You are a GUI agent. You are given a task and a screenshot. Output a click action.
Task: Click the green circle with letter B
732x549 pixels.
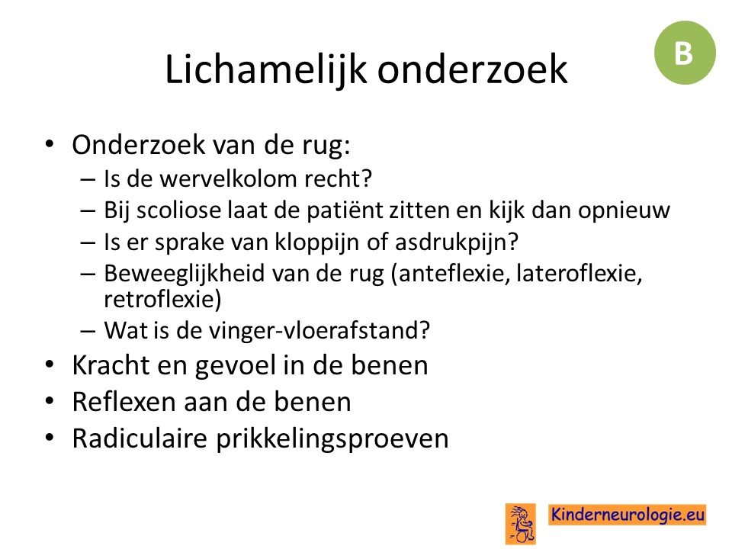pos(685,53)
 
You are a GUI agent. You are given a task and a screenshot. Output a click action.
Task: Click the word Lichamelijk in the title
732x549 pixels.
pos(265,69)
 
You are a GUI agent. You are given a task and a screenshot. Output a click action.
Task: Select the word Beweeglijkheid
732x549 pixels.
pos(185,273)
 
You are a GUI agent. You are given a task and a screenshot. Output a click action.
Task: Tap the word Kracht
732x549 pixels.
pos(111,365)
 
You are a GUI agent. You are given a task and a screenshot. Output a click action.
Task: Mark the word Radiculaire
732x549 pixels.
pos(140,438)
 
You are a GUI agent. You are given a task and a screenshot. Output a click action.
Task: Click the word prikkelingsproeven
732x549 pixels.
pos(332,439)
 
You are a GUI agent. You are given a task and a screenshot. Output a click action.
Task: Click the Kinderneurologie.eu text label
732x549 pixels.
pos(627,515)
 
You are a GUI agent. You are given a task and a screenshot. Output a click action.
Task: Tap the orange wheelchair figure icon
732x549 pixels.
pos(521,524)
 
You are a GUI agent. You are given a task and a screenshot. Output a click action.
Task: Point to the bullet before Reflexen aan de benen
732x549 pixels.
pos(50,401)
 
